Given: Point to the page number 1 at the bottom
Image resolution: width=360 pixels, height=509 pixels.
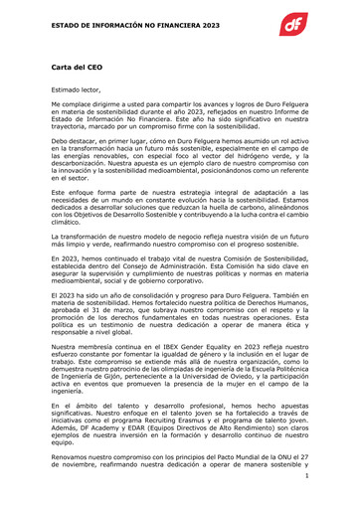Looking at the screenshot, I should pyautogui.click(x=307, y=477).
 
